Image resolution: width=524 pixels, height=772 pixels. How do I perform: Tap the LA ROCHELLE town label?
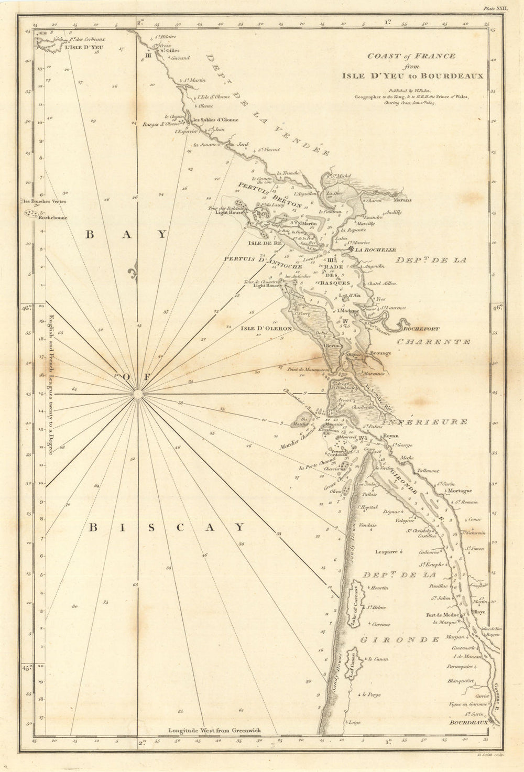[x=375, y=250]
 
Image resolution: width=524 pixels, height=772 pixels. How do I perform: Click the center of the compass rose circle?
[x=137, y=394]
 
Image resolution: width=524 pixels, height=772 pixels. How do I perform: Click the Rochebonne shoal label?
[x=54, y=219]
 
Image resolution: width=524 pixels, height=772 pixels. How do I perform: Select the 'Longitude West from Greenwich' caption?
[x=214, y=730]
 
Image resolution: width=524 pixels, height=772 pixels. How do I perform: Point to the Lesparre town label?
[x=386, y=551]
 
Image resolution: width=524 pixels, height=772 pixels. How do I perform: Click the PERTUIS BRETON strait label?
[x=270, y=195]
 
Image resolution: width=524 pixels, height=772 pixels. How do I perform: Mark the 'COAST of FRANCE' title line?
[x=411, y=56]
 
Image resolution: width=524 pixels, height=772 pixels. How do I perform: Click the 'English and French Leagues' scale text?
[x=51, y=384]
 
